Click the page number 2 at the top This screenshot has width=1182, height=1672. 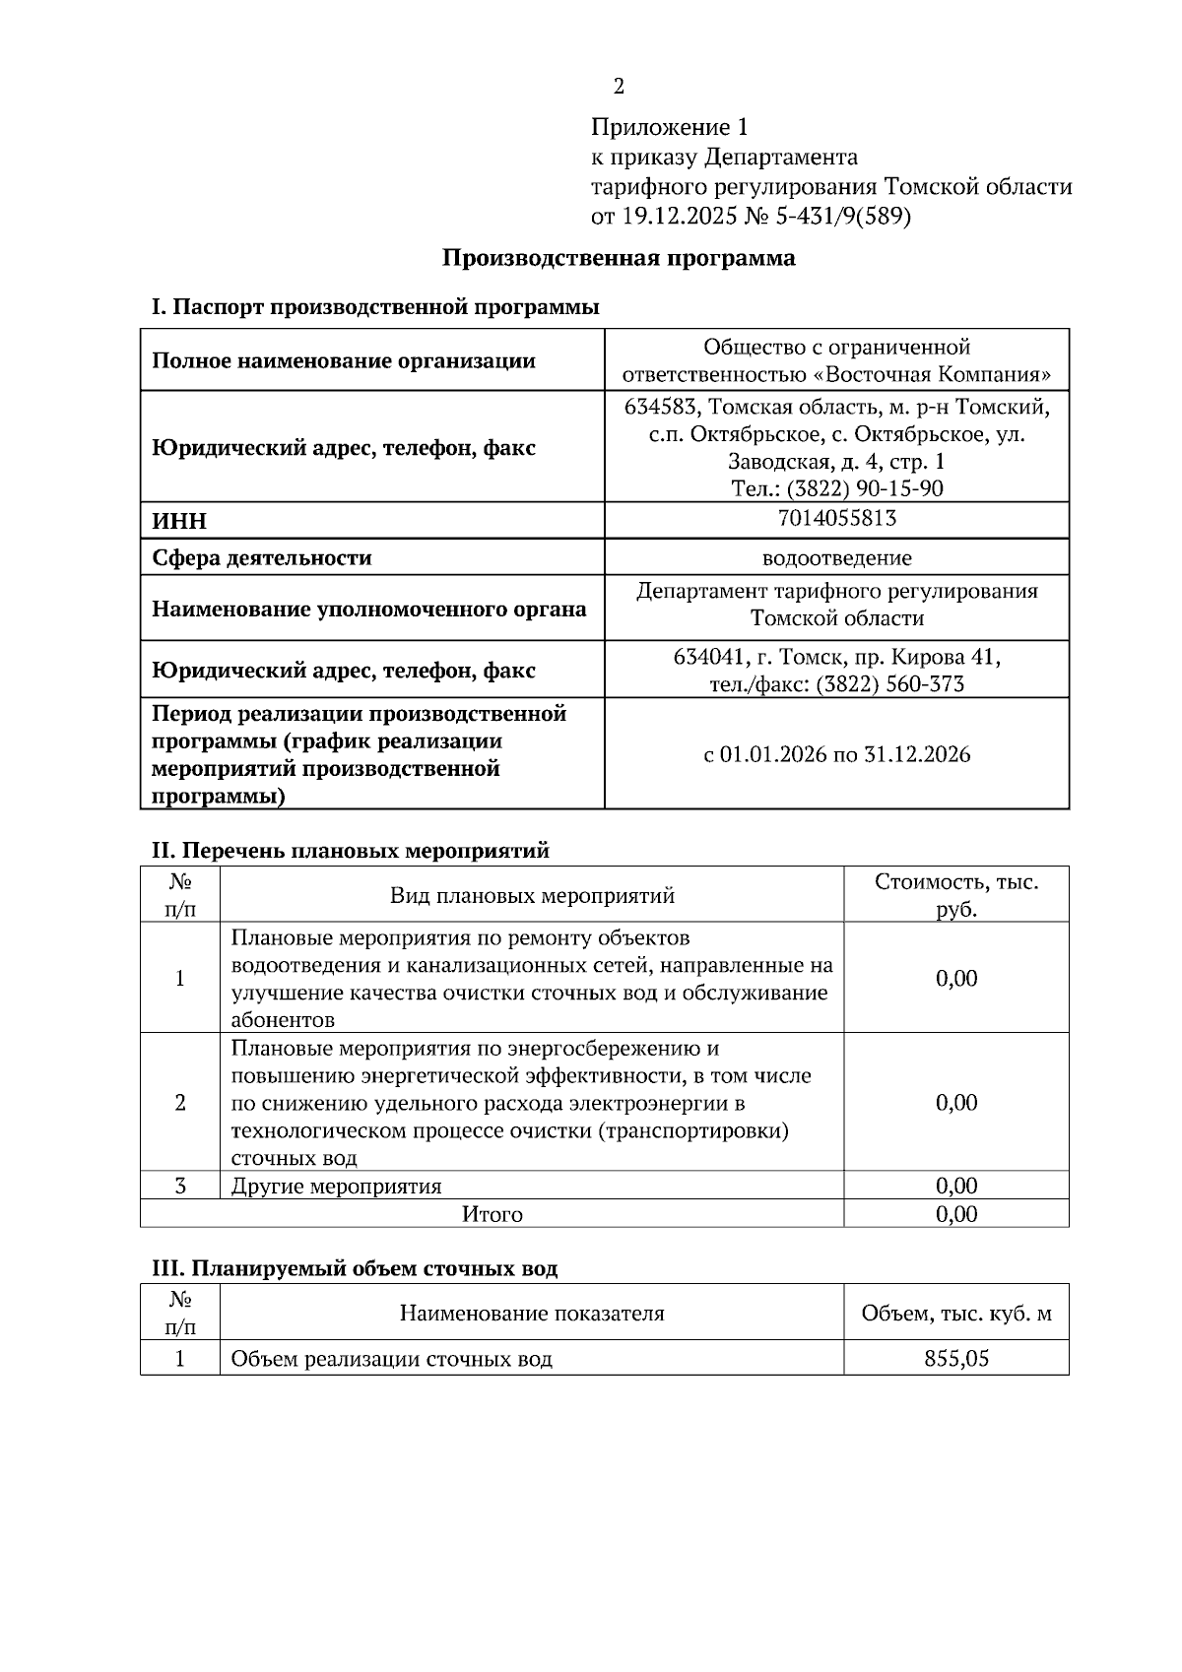click(619, 87)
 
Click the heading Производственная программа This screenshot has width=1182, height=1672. click(619, 259)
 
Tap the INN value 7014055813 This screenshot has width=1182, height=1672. click(836, 518)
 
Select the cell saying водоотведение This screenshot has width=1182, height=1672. click(836, 558)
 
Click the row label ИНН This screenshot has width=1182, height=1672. click(179, 521)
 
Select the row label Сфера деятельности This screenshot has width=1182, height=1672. click(261, 558)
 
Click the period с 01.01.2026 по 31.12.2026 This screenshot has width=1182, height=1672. click(836, 755)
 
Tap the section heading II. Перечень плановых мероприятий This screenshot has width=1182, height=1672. click(350, 850)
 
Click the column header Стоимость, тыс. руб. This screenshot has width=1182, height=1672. click(956, 894)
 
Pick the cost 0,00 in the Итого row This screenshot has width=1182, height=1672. click(956, 1214)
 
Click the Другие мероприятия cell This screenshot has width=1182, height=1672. click(336, 1186)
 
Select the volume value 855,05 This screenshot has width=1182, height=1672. click(956, 1359)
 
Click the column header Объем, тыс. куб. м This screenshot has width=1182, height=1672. click(956, 1314)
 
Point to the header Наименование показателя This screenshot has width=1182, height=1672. click(532, 1314)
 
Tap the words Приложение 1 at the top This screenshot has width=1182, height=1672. click(670, 127)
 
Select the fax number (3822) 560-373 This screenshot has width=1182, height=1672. click(889, 684)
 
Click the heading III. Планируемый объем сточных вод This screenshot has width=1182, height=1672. click(354, 1268)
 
